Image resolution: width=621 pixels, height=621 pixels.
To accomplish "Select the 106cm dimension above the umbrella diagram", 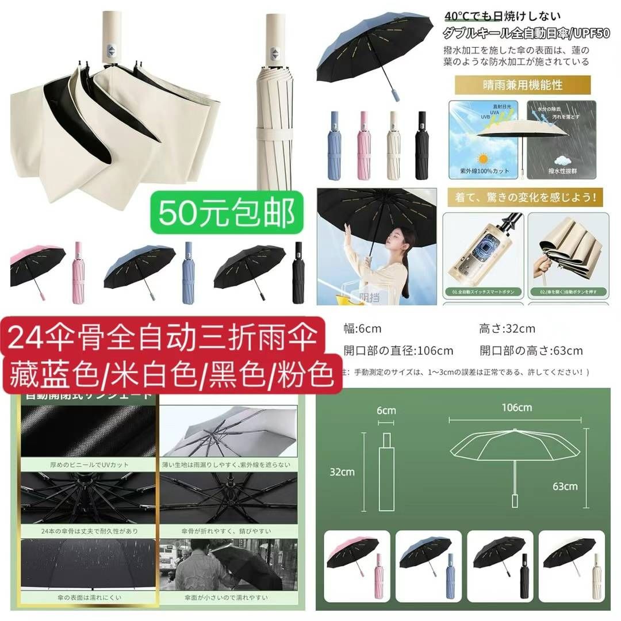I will pos(516,408).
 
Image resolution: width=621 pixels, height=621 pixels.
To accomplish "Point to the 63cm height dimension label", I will pos(565,486).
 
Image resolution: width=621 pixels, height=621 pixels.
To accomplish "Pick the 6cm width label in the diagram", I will pos(386,410).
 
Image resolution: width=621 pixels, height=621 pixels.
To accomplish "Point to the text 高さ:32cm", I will pos(507,329).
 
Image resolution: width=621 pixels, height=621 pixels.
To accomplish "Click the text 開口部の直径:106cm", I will pos(398,351).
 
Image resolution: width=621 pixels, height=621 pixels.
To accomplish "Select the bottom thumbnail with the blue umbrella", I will pos(428,562).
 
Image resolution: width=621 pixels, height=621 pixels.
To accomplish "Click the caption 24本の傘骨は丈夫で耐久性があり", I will pos(89,531).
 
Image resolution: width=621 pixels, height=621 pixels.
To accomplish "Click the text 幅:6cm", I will pos(362,329).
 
